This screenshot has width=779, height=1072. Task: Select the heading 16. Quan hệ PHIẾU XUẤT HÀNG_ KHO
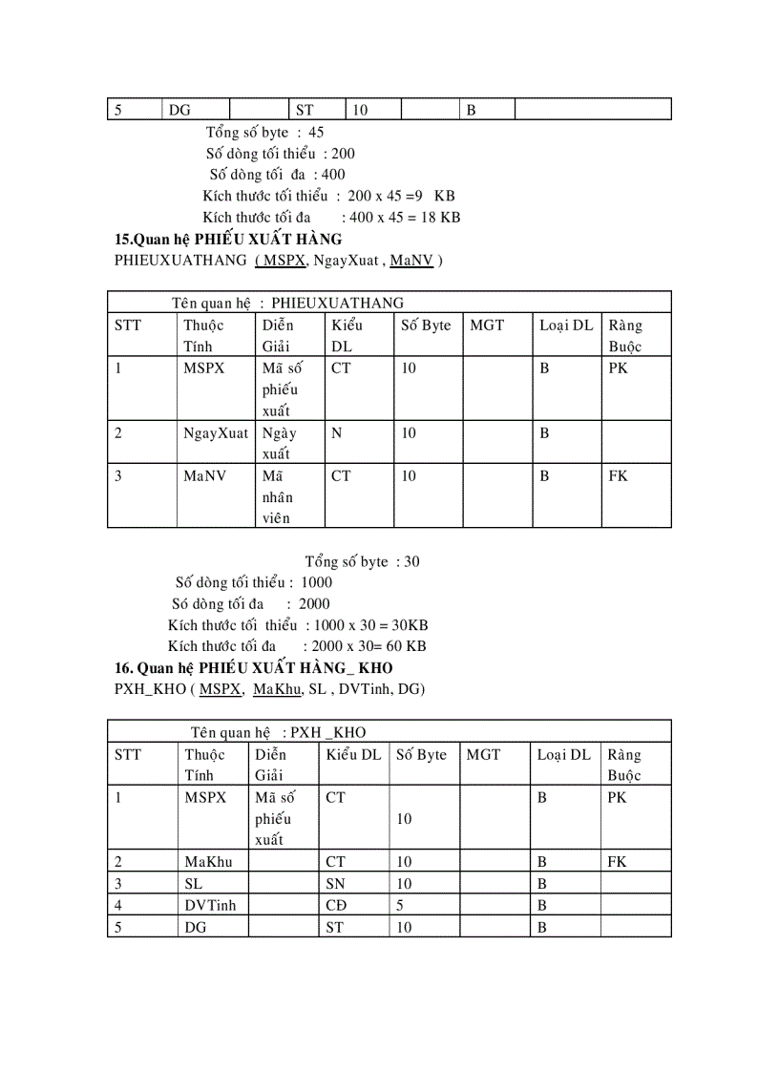click(253, 667)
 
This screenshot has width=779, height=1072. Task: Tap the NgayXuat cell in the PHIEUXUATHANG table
click(215, 433)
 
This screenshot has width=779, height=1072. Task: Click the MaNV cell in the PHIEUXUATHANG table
click(204, 475)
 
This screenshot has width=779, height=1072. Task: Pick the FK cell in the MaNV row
click(618, 475)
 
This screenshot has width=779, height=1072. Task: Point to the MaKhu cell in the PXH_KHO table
click(209, 862)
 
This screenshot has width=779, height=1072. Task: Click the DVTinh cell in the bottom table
click(210, 905)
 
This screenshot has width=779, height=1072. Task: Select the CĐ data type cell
click(336, 905)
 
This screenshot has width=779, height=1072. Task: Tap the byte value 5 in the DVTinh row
click(400, 905)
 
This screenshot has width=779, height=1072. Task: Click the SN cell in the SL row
click(335, 884)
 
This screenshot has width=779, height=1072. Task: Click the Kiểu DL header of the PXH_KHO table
click(353, 755)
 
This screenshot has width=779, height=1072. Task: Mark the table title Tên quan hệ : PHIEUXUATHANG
click(287, 303)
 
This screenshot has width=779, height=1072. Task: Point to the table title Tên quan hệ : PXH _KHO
click(277, 732)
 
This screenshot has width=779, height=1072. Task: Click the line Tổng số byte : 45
click(264, 133)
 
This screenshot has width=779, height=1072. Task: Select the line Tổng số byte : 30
click(362, 561)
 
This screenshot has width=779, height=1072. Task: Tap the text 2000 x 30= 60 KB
click(368, 646)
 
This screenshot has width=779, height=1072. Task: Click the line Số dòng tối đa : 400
click(277, 175)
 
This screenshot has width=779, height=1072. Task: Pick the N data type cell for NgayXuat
click(336, 433)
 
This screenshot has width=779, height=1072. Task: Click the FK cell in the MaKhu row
click(617, 862)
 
